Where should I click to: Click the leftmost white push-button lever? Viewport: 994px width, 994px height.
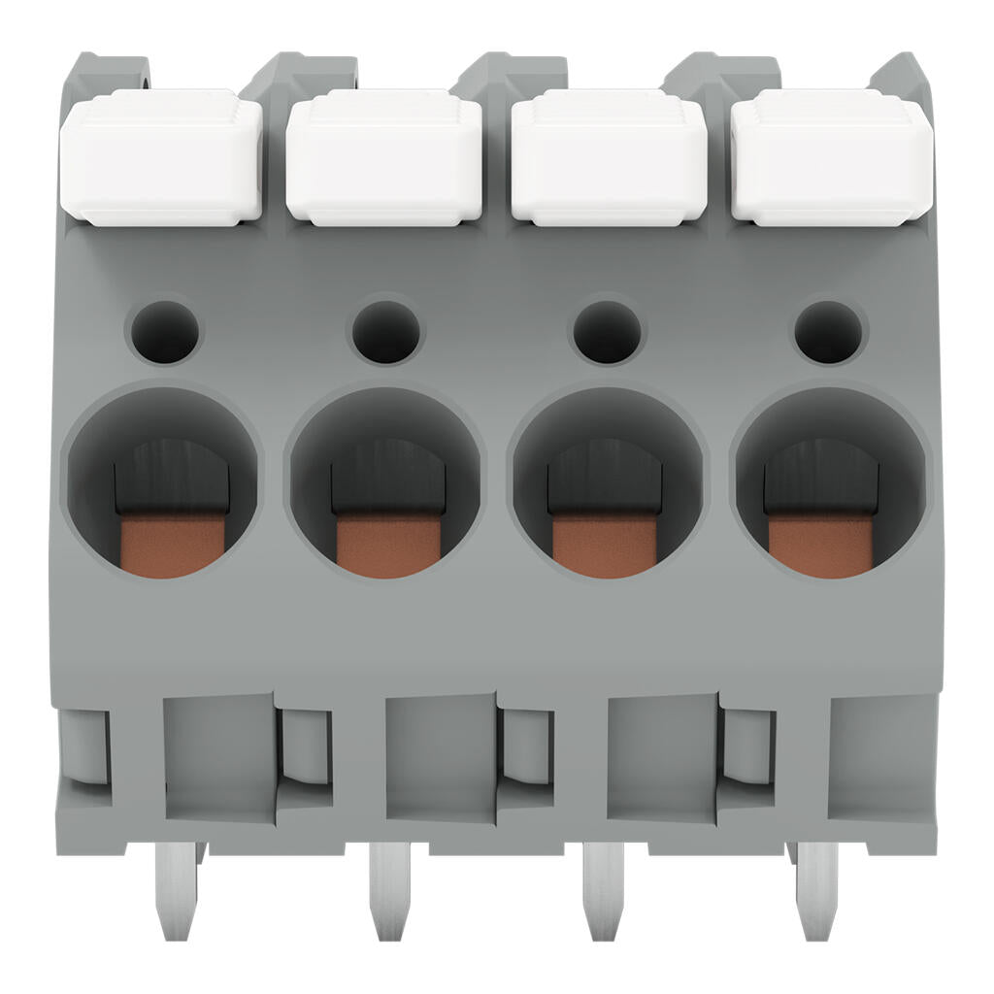pyautogui.click(x=161, y=157)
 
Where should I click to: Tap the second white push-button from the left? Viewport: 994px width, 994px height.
pyautogui.click(x=384, y=157)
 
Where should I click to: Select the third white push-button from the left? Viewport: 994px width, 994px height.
pyautogui.click(x=609, y=157)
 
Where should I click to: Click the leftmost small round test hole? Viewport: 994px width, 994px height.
pyautogui.click(x=162, y=332)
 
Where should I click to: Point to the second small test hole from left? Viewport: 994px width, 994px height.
pyautogui.click(x=386, y=332)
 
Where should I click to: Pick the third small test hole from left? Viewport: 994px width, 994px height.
pyautogui.click(x=607, y=332)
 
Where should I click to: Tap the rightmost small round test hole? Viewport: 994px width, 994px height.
pyautogui.click(x=828, y=332)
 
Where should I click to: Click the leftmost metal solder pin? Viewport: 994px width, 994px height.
pyautogui.click(x=177, y=888)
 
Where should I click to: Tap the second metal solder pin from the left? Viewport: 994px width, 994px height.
pyautogui.click(x=390, y=888)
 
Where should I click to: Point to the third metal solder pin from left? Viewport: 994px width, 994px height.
pyautogui.click(x=603, y=888)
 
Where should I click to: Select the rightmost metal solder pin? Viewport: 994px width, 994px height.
pyautogui.click(x=816, y=888)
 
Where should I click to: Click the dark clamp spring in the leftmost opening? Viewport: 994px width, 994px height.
pyautogui.click(x=172, y=476)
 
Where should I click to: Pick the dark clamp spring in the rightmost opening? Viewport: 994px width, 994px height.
pyautogui.click(x=820, y=476)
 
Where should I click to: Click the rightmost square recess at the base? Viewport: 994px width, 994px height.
pyautogui.click(x=881, y=757)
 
